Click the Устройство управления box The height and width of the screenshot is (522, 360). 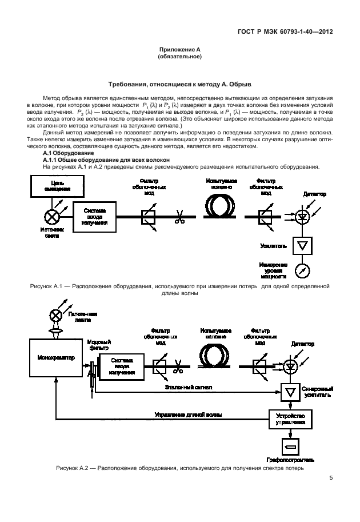pos(291,419)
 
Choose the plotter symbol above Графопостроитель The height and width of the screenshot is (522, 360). pos(291,446)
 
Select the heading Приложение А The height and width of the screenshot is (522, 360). pos(179,50)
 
